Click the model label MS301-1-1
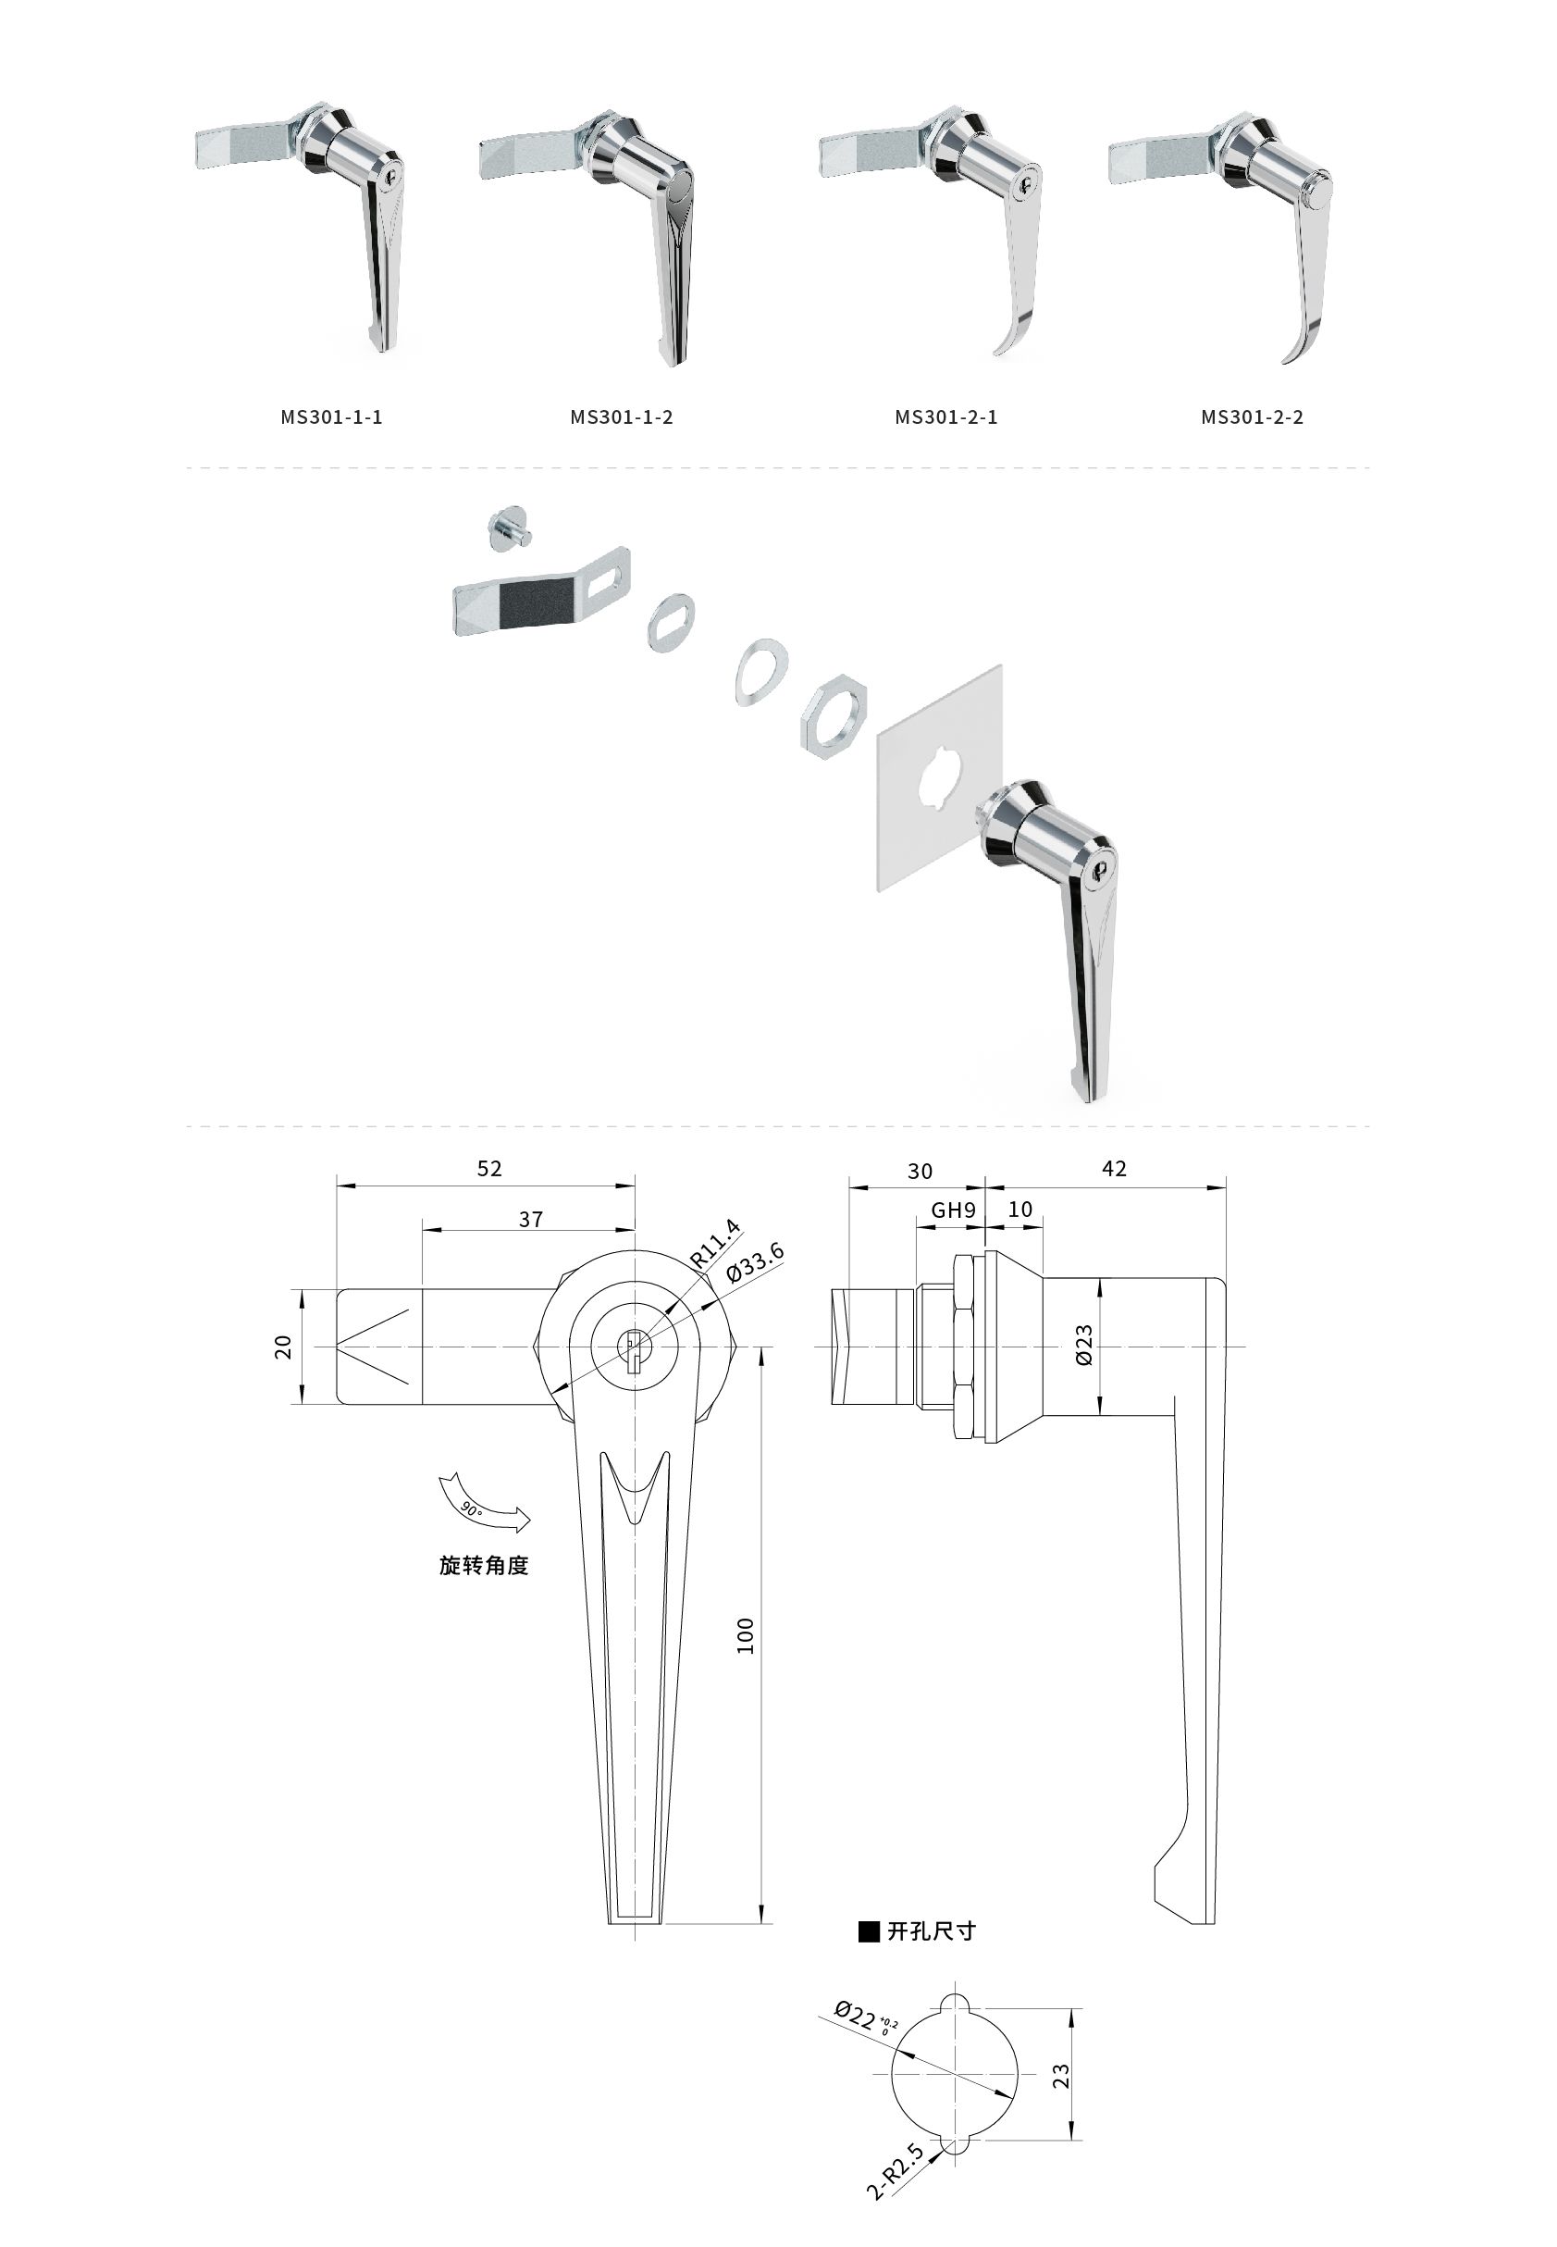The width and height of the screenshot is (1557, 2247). click(x=332, y=417)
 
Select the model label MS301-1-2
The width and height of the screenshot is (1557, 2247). click(x=622, y=417)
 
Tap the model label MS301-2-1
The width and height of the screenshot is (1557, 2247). click(x=946, y=417)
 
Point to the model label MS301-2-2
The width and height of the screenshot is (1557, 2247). click(x=1252, y=417)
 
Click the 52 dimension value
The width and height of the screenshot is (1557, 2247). click(x=488, y=1169)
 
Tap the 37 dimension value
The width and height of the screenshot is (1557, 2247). click(x=531, y=1220)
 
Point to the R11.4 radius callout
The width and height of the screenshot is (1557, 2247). click(x=715, y=1244)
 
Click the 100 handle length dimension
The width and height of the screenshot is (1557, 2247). click(x=746, y=1635)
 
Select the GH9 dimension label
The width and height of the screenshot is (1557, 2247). click(x=953, y=1210)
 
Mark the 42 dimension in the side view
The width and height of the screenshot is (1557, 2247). click(x=1114, y=1169)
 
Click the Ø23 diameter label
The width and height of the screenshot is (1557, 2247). click(x=1084, y=1345)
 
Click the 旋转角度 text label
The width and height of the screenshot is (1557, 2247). click(x=484, y=1565)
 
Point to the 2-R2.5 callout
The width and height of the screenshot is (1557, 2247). click(x=895, y=2172)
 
